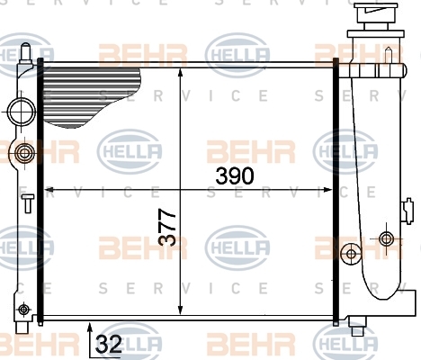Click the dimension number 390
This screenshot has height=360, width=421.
235,176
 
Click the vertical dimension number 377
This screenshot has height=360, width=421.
166,228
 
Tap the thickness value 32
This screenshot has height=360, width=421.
109,344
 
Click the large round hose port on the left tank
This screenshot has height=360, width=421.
22,112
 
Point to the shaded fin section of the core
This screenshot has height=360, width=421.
90,96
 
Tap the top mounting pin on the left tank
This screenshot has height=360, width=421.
26,52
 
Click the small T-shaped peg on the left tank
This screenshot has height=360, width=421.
28,203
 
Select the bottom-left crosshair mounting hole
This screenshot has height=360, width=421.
23,310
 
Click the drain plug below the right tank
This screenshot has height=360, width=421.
357,327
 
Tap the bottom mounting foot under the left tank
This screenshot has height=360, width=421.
22,327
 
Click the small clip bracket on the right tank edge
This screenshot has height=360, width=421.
408,211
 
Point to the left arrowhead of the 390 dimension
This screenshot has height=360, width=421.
49,190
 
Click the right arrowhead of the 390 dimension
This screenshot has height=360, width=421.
327,190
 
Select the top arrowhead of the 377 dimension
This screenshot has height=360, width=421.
180,74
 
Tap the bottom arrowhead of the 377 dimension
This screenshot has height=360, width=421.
180,310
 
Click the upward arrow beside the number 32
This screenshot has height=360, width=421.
90,339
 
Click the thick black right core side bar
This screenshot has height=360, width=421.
336,191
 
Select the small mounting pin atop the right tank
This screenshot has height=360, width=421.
389,56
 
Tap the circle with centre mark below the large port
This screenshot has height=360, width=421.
23,153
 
